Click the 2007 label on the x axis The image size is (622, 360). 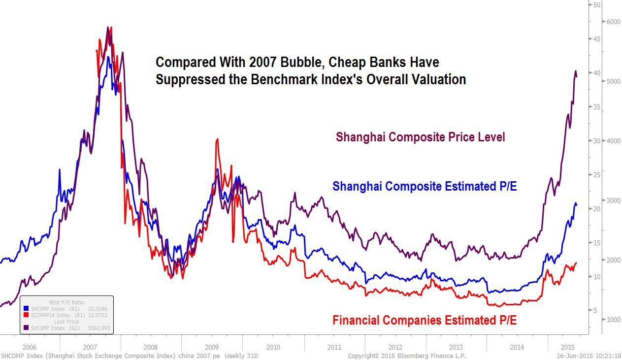pos(90,347)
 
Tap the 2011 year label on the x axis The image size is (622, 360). pos(334,347)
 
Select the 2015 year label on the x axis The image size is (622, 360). pos(568,347)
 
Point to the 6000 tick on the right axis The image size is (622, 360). pos(600,22)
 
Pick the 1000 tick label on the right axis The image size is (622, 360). pos(599,320)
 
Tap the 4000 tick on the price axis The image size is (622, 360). pos(599,141)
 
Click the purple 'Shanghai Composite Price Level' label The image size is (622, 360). pos(420,137)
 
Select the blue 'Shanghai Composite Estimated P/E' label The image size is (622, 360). pos(425,187)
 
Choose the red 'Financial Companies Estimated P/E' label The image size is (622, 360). pos(425,321)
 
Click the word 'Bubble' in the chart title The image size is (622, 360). pos(298,63)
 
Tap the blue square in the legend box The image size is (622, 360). pos(26,309)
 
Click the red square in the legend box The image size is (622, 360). pos(26,315)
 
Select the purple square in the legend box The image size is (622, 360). pos(26,328)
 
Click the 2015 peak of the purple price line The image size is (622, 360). pos(576,71)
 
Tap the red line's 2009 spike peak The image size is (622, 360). pos(217,139)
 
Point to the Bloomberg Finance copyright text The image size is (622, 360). pos(407,356)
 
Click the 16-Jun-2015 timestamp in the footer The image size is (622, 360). pos(589,356)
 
